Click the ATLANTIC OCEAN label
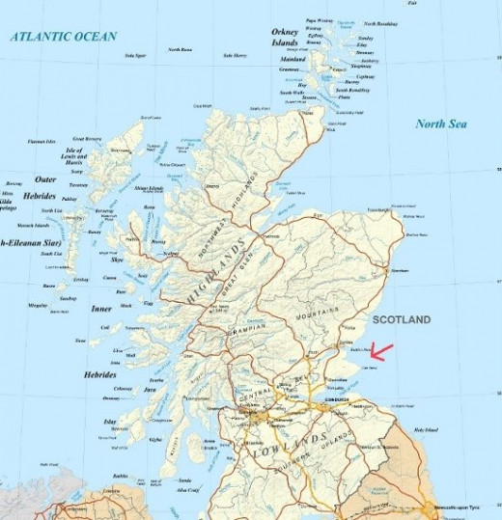[x=64, y=36]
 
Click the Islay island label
[x=108, y=422]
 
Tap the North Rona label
[x=180, y=49]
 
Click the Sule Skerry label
[x=235, y=56]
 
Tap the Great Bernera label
[x=88, y=139]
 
